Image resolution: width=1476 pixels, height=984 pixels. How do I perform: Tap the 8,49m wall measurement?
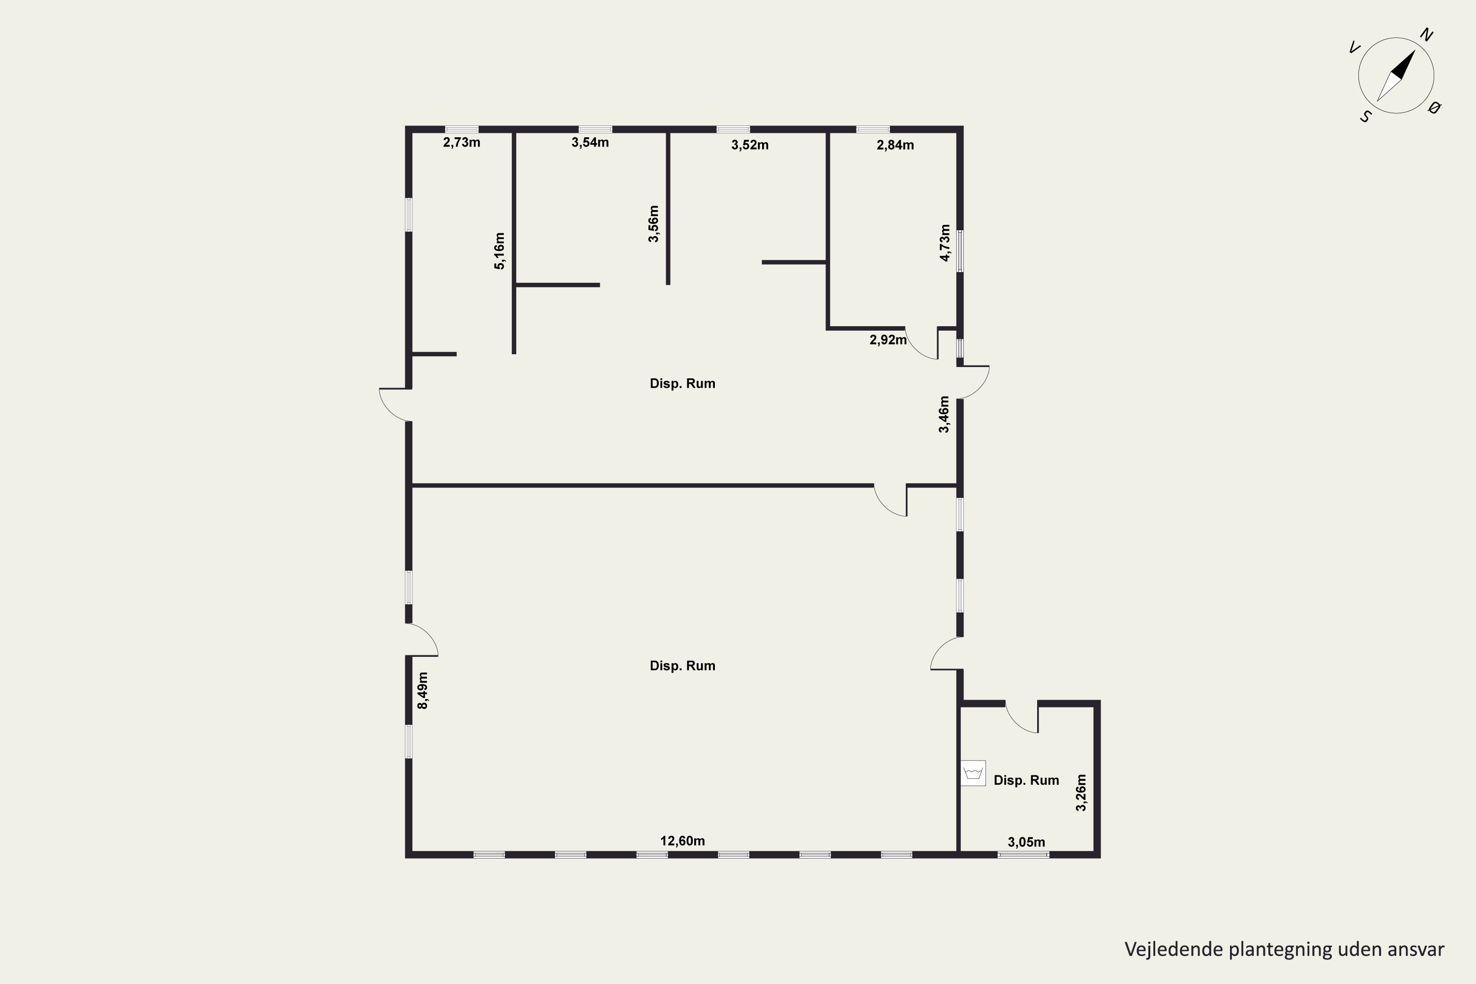pos(423,690)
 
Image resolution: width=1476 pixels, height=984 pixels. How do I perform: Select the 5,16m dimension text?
pos(499,251)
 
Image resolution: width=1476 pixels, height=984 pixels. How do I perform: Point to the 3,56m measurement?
pos(653,223)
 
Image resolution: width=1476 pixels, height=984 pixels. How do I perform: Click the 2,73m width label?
pos(462,143)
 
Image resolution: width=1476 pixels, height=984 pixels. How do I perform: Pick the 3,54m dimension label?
pos(590,143)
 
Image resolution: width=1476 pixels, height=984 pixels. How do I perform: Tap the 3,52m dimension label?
pos(750,145)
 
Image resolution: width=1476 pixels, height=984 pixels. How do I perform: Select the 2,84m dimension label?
pos(895,145)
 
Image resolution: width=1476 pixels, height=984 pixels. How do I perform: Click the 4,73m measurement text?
pos(945,243)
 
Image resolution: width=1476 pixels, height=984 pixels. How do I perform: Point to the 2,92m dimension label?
pos(888,340)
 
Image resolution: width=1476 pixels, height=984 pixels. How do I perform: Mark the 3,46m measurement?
pos(944,414)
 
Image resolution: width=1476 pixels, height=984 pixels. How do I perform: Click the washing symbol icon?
pos(973,773)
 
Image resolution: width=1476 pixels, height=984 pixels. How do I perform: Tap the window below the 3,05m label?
pos(1023,854)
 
